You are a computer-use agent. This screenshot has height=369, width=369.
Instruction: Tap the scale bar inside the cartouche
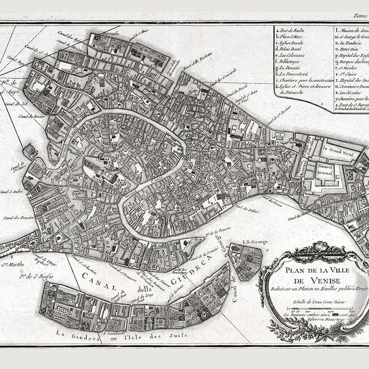[x=314, y=312]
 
